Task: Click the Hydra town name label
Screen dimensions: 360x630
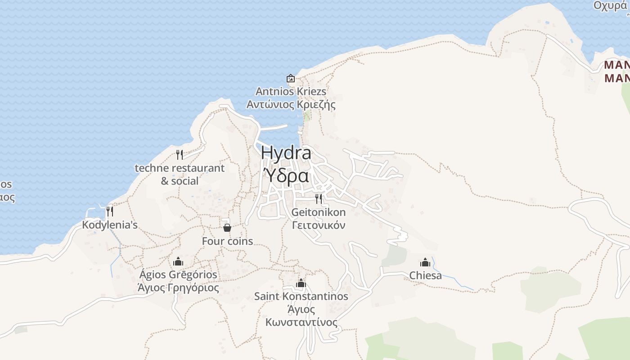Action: click(286, 153)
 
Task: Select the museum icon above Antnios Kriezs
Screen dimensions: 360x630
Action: click(291, 78)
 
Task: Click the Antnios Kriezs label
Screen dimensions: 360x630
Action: click(291, 91)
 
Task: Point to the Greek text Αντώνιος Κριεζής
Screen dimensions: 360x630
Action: click(291, 105)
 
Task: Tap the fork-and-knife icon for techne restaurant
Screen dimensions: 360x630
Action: click(180, 155)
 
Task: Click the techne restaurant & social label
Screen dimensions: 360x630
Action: click(180, 174)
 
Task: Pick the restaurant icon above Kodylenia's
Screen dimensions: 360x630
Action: click(109, 211)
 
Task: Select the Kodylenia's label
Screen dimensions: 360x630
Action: click(109, 225)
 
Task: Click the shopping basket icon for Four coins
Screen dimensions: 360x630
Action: click(227, 228)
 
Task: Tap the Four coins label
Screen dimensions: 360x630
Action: click(227, 241)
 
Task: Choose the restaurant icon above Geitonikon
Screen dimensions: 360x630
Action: click(319, 198)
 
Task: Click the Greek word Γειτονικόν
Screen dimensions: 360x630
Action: click(319, 225)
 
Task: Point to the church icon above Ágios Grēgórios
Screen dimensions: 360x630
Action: click(178, 261)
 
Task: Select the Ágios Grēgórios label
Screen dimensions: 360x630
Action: click(178, 274)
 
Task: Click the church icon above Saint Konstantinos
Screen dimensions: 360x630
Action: click(301, 283)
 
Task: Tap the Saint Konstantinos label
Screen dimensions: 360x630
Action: click(301, 296)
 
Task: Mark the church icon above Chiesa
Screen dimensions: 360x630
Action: click(425, 262)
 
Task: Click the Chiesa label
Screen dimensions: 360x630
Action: click(425, 275)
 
